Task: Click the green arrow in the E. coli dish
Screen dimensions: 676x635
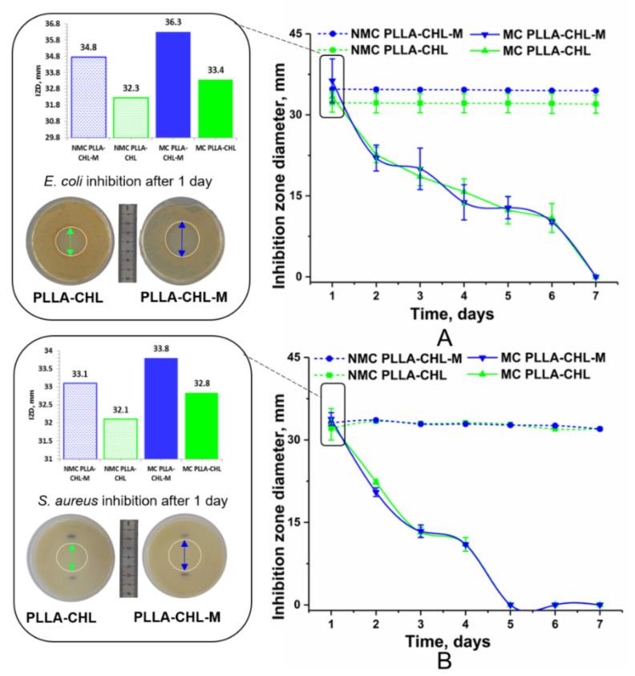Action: (x=71, y=241)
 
